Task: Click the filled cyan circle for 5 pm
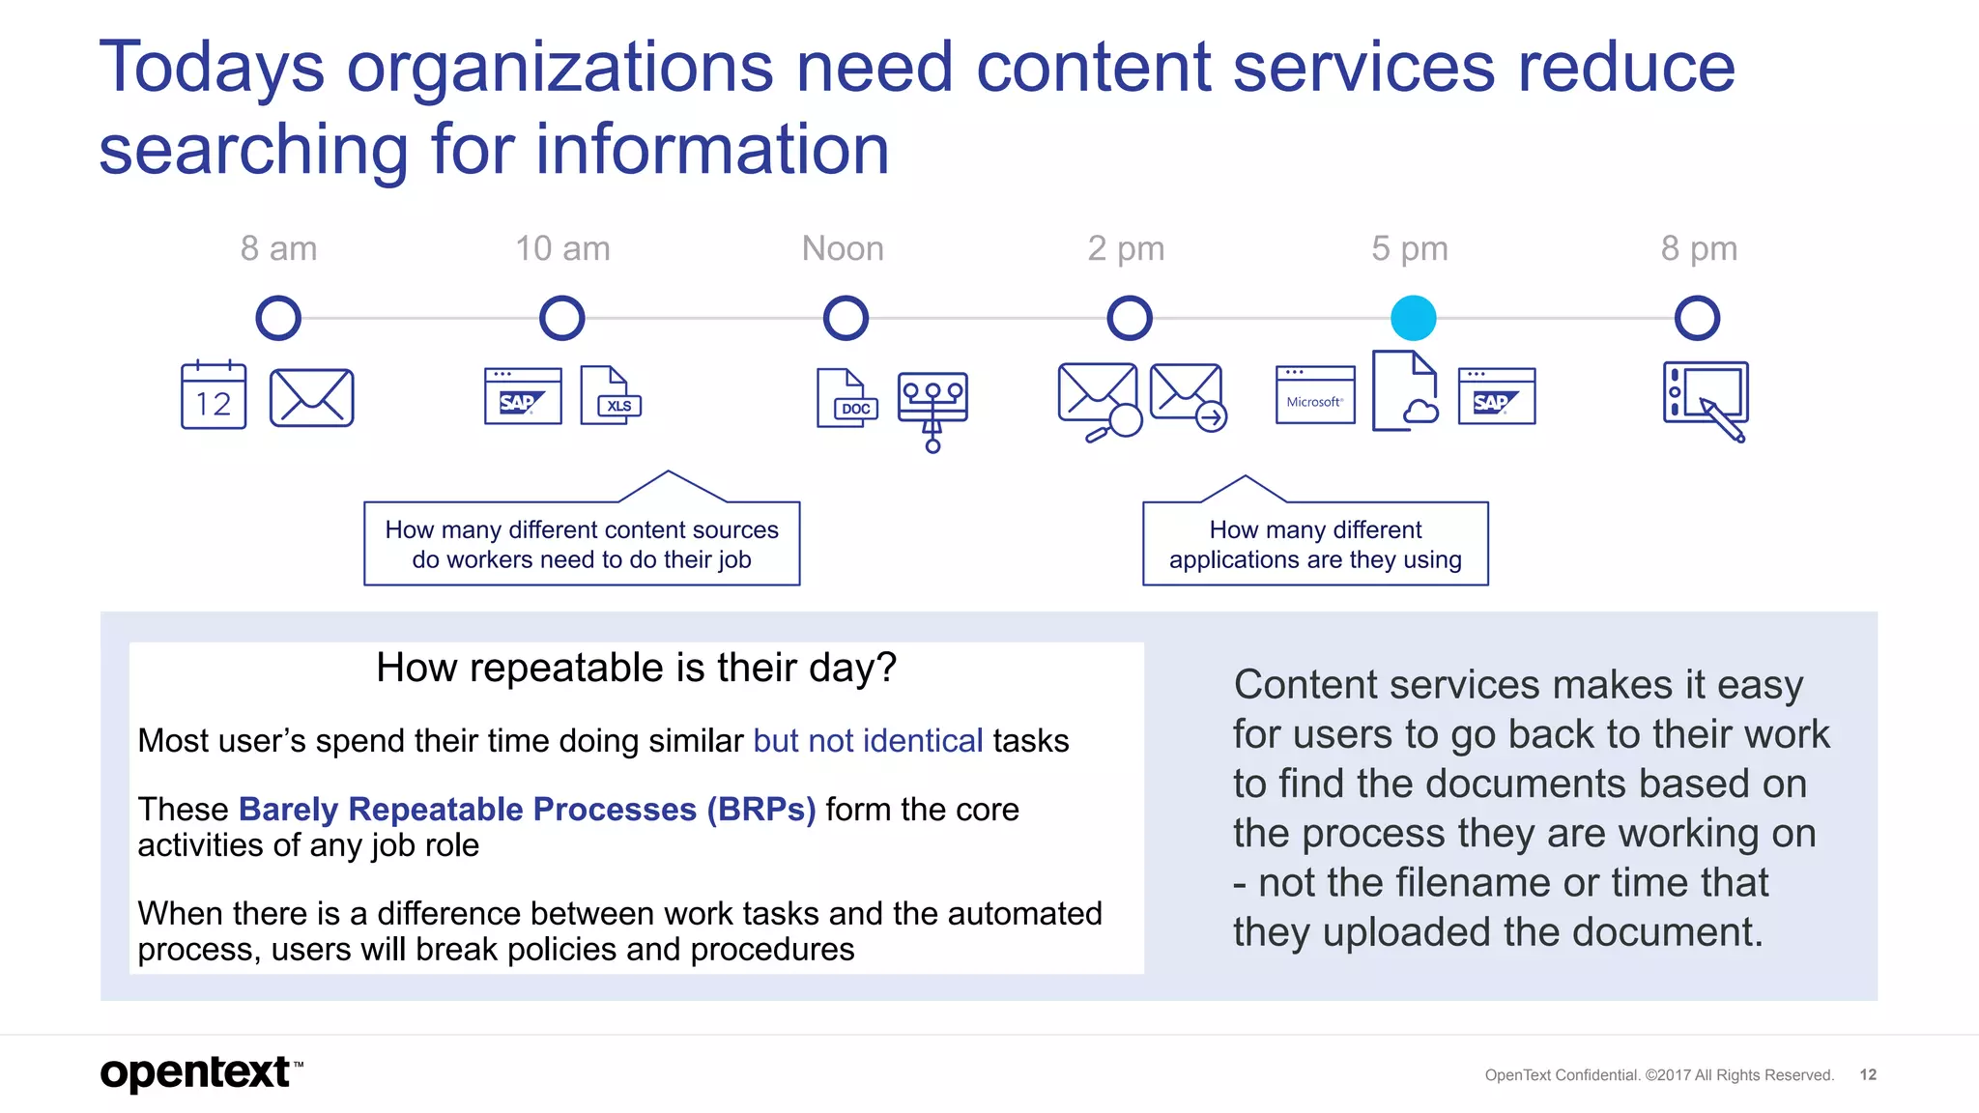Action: [x=1413, y=318]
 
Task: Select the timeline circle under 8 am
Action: [x=278, y=318]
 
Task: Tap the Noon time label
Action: [x=843, y=249]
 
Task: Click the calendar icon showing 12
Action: [x=214, y=396]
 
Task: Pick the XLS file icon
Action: [x=610, y=395]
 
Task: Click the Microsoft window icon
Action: [x=1314, y=395]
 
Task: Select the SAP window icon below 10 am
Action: [x=523, y=396]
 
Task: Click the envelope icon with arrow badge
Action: [x=1188, y=395]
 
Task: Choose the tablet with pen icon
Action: [x=1706, y=399]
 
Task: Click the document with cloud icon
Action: [x=1405, y=391]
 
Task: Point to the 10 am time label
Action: [x=562, y=249]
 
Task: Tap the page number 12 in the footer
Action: [x=1868, y=1074]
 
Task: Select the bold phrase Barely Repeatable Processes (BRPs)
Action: [x=528, y=809]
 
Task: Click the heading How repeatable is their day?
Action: [x=636, y=668]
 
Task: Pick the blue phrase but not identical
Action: [x=868, y=741]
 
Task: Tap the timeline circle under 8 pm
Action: [x=1697, y=318]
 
